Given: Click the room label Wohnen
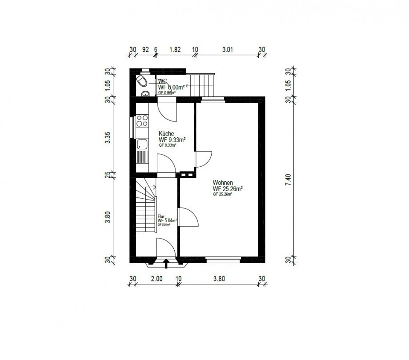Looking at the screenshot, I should [223, 183].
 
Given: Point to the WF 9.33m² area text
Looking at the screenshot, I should [172, 139].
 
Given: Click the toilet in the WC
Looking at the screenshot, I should [142, 81].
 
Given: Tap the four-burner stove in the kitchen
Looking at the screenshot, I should [143, 120].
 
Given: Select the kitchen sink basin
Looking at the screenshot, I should [143, 144].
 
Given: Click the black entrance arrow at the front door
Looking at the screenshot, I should [167, 265].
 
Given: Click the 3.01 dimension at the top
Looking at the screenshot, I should [227, 49].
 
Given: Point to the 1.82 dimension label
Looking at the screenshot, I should [175, 49].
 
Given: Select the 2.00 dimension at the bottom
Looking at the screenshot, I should [156, 279].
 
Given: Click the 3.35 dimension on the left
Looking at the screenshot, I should [107, 138].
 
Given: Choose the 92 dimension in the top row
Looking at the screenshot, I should [144, 49].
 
